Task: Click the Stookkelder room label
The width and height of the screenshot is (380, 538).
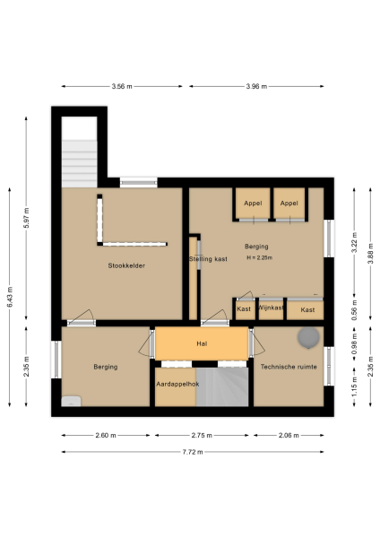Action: pyautogui.click(x=126, y=265)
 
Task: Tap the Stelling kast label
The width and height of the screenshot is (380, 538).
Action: pyautogui.click(x=208, y=259)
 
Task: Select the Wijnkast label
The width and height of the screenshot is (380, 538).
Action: pyautogui.click(x=271, y=308)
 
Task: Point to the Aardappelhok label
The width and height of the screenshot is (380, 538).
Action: pyautogui.click(x=176, y=383)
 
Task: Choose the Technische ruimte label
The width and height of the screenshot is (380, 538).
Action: pyautogui.click(x=289, y=367)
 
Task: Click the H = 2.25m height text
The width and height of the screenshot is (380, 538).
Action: pyautogui.click(x=258, y=258)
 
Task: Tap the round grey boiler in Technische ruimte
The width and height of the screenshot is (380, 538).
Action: pyautogui.click(x=308, y=337)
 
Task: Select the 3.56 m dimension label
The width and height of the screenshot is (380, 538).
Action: pyautogui.click(x=122, y=86)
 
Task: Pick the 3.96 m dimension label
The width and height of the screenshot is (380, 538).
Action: pyautogui.click(x=257, y=86)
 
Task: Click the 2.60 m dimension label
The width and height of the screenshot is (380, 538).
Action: pyautogui.click(x=106, y=435)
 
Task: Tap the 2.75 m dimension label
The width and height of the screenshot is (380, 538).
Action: pyautogui.click(x=203, y=435)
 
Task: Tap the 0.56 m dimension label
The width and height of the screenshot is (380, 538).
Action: pyautogui.click(x=354, y=314)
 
